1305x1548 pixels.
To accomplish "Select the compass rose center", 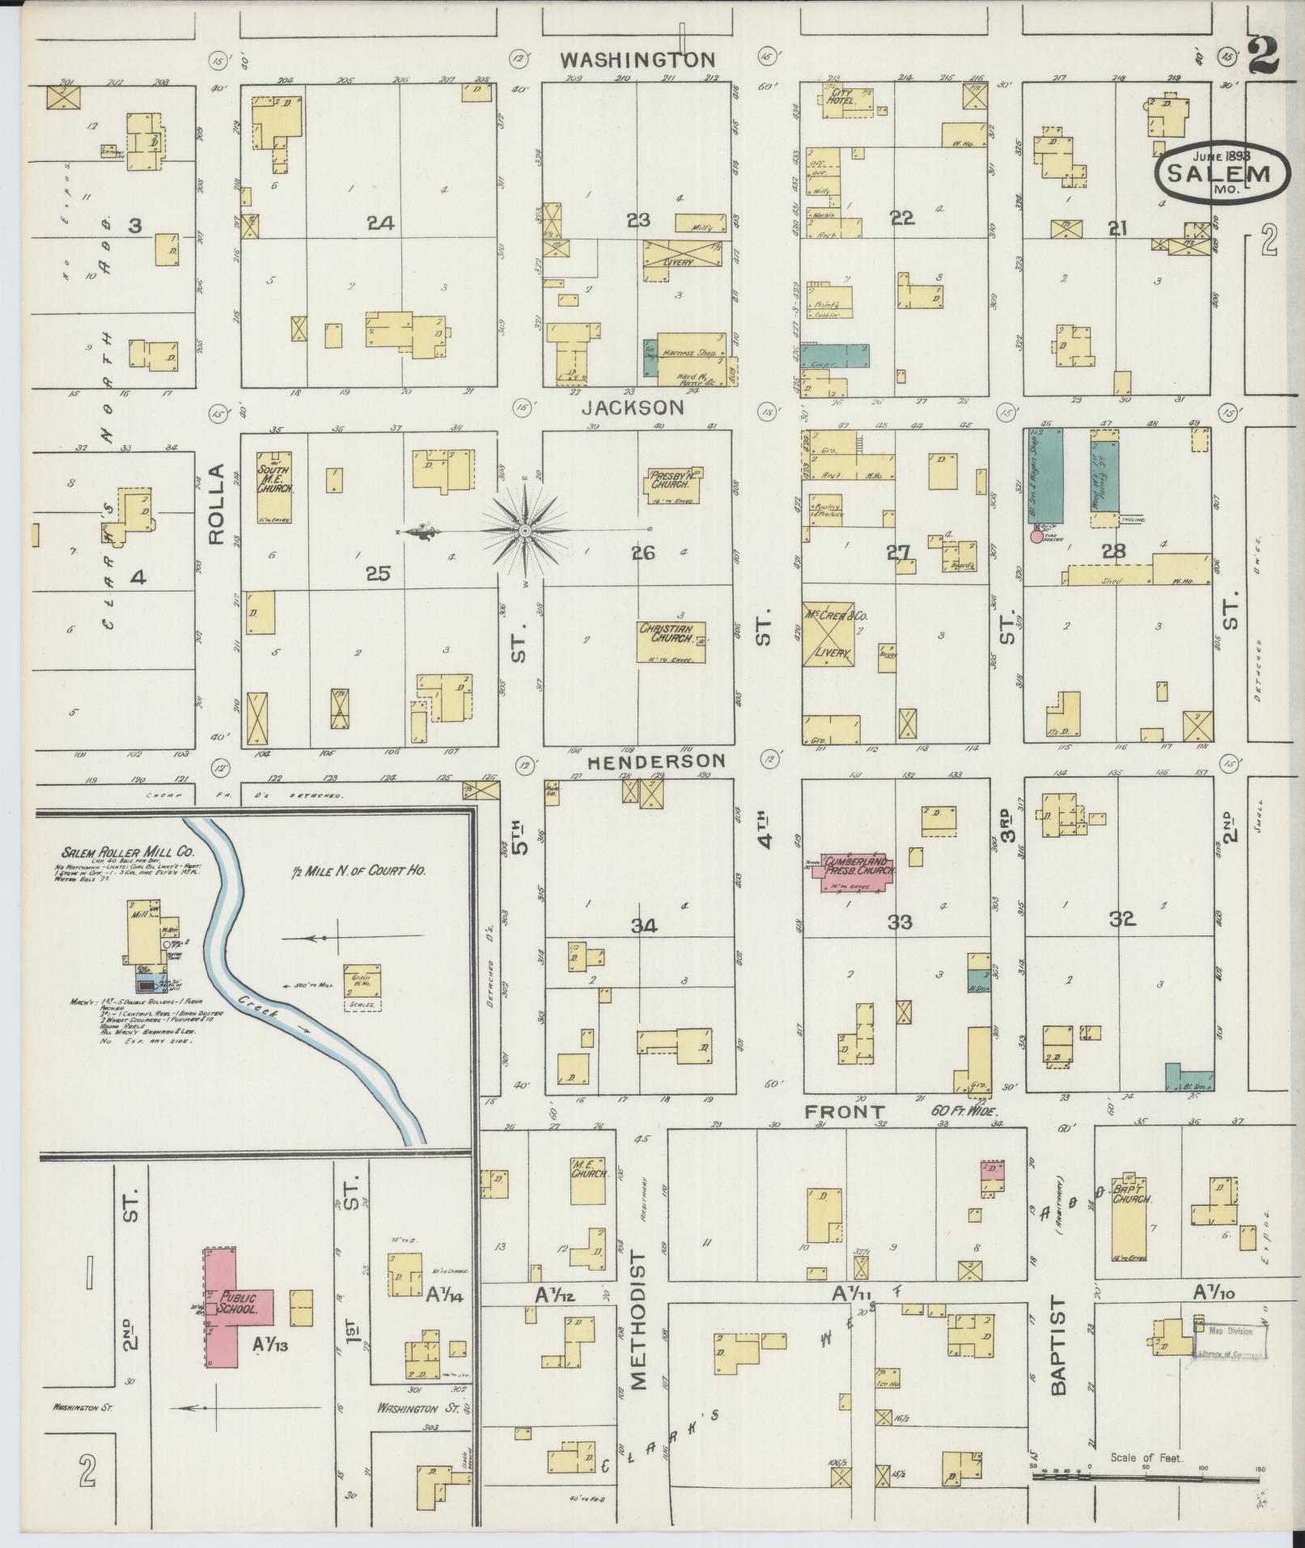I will (x=525, y=531).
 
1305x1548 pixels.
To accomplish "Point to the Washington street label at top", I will (x=639, y=60).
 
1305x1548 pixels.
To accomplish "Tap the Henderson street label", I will (x=656, y=761).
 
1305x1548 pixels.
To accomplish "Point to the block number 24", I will (x=380, y=223).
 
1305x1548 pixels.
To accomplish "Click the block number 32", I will (x=1123, y=919).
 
